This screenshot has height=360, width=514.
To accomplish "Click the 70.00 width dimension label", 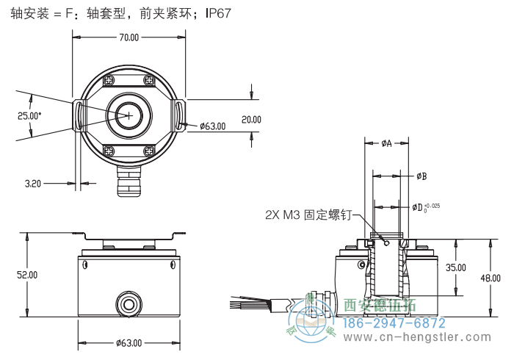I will point(129,37).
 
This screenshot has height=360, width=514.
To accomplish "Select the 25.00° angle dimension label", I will point(29,115).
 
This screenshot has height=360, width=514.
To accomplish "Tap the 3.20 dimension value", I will point(32,184).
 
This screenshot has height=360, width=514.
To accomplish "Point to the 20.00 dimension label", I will point(251,119).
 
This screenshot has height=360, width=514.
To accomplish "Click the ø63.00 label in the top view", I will point(212,126).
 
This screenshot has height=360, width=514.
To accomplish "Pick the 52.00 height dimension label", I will point(28,275).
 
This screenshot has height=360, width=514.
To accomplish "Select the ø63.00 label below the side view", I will point(129,342).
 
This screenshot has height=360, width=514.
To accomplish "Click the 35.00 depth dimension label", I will point(456,267).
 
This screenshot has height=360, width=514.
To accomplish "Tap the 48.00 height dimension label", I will point(490,278).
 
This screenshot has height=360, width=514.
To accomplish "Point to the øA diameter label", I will point(386,144).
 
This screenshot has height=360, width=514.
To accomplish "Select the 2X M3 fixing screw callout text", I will point(309,215).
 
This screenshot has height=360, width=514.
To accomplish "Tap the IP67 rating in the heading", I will point(218,14).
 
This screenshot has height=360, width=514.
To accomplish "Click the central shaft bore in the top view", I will point(129,115).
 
